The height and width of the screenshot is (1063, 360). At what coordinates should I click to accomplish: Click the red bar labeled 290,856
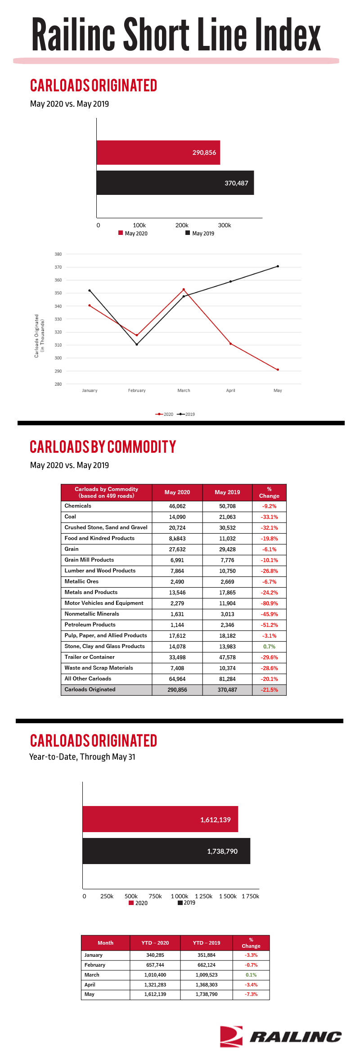pos(158,153)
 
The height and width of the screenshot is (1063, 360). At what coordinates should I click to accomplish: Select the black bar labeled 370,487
pos(175,183)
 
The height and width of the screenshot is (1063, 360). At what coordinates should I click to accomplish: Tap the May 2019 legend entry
pos(200,233)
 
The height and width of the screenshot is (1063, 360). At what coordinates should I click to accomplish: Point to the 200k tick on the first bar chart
pos(182,225)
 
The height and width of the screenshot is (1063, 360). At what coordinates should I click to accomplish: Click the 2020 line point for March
pos(184,289)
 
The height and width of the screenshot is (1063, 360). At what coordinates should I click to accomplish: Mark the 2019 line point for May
pos(278,266)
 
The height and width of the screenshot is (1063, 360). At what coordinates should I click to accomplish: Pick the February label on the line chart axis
pos(137,391)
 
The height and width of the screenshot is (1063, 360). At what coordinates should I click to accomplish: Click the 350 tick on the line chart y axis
pos(58,293)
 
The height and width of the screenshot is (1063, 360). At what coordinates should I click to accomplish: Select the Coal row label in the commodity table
pos(70,517)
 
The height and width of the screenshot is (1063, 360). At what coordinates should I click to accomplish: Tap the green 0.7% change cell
pos(269,647)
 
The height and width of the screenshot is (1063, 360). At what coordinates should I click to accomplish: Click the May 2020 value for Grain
pos(177,550)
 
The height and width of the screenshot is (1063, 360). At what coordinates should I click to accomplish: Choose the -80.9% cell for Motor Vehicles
pos(269,604)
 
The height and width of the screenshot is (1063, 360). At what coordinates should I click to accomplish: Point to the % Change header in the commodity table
pos(269,492)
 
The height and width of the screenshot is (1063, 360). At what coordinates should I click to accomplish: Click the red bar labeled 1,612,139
pos(160,819)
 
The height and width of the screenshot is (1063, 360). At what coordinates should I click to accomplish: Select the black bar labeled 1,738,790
pos(166,851)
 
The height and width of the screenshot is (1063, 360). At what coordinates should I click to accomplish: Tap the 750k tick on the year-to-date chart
pos(155,896)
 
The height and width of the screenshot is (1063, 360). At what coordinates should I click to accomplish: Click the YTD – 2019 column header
pos(207,943)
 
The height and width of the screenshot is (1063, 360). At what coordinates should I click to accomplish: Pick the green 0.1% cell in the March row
pos(251,975)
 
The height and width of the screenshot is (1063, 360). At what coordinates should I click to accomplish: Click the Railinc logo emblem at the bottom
pos(231,1036)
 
